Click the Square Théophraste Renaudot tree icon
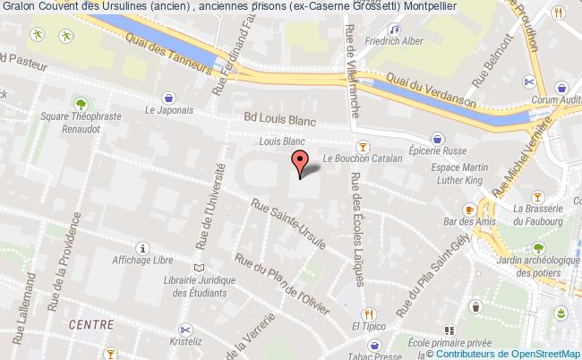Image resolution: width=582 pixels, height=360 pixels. coord(81,105)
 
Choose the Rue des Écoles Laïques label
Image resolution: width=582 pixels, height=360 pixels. coord(355,232)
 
